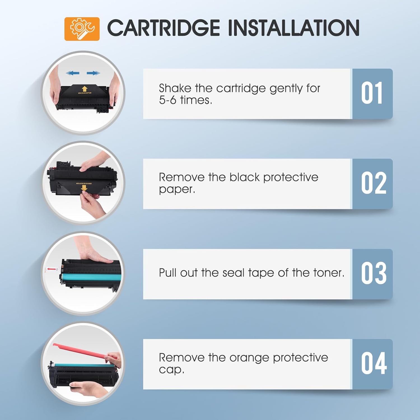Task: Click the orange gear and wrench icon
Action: [82, 29]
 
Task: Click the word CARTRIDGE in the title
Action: [164, 28]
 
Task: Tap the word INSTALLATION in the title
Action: [294, 28]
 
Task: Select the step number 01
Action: [372, 94]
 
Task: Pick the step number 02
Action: [374, 183]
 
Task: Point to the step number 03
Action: [374, 274]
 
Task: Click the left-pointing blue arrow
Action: [73, 73]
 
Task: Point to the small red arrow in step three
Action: [51, 269]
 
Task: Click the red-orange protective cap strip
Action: [84, 352]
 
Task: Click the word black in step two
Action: [244, 177]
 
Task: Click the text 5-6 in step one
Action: [167, 100]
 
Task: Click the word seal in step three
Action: [234, 273]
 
